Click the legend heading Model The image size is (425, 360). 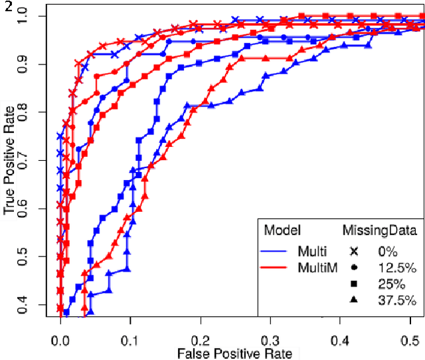tap(282, 230)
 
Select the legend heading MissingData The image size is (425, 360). tap(379, 230)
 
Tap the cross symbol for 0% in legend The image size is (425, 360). tap(353, 251)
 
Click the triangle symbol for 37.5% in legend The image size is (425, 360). tap(353, 300)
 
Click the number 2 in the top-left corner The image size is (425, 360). tap(5, 6)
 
